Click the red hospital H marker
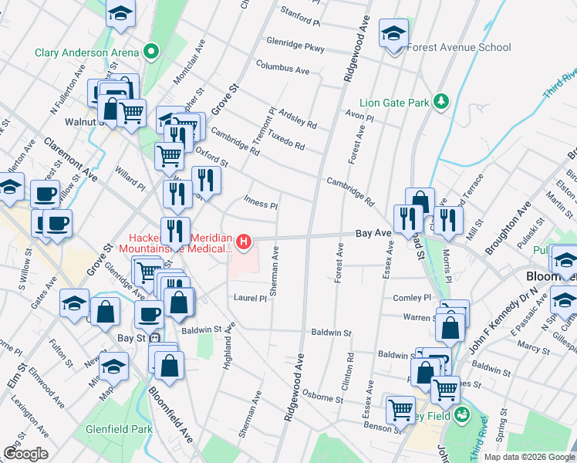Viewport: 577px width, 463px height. (x=245, y=242)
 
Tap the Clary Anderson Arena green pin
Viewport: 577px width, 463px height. (x=152, y=52)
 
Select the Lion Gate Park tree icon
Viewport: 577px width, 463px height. (x=440, y=102)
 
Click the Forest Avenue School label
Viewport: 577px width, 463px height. (x=458, y=47)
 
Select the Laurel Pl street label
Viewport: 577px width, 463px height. (x=250, y=297)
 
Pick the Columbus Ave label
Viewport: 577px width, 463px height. (x=282, y=69)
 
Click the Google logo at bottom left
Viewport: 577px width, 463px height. (x=25, y=453)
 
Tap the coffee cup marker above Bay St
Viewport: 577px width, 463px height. (x=150, y=313)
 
